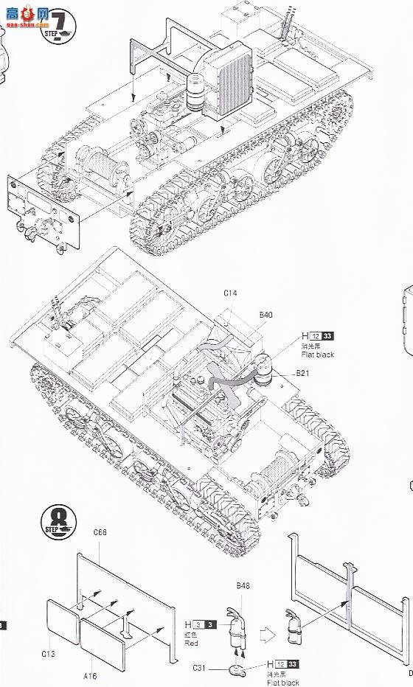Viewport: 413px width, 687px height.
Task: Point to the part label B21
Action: pos(301,373)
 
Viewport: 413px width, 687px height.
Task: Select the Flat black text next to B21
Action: pos(317,355)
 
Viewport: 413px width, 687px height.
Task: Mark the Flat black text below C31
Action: pos(282,682)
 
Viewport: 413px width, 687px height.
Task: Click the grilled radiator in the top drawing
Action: pos(229,81)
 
